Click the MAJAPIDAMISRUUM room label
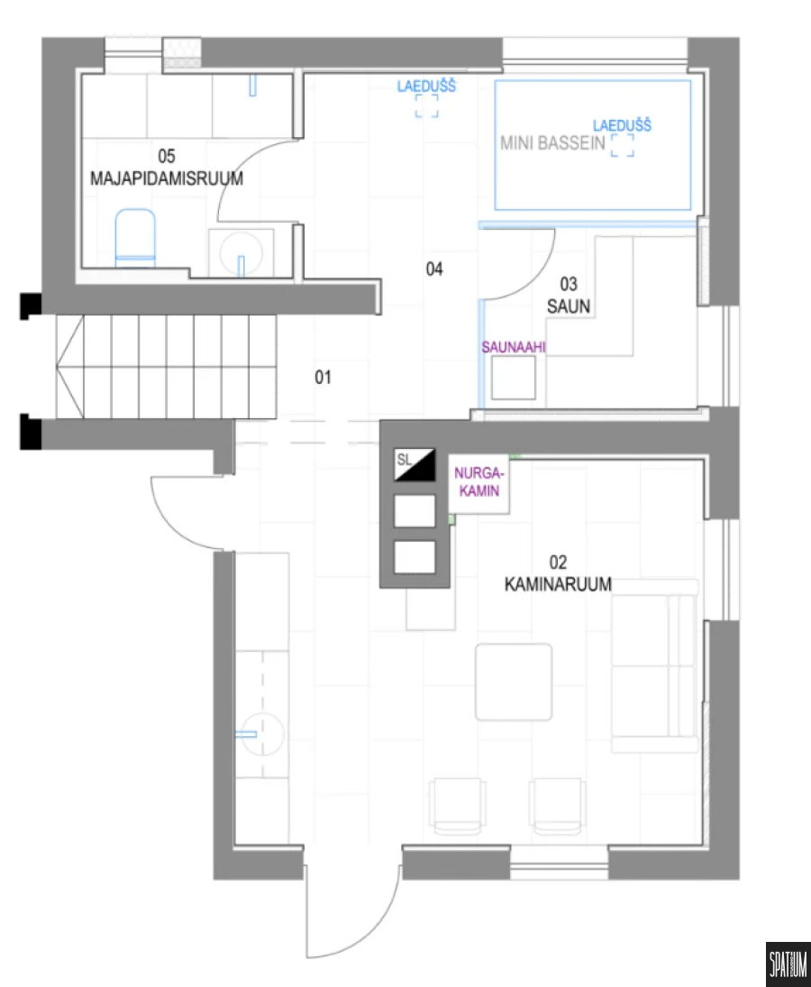(x=167, y=178)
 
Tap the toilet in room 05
(x=135, y=238)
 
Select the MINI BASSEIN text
(x=552, y=143)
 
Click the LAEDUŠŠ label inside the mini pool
(x=622, y=126)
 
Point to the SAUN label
(x=568, y=306)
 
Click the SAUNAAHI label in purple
(x=514, y=347)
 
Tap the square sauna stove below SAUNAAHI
(x=514, y=378)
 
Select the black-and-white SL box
(x=415, y=464)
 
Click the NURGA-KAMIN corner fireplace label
(x=479, y=481)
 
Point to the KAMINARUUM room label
(x=558, y=585)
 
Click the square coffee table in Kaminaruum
(x=514, y=681)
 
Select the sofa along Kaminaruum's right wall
(x=655, y=666)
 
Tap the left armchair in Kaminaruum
(x=458, y=807)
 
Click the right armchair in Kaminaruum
(x=558, y=807)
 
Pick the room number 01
(x=323, y=377)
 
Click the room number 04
(x=434, y=270)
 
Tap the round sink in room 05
(x=241, y=252)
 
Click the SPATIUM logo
(x=788, y=964)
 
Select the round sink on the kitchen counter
(x=263, y=734)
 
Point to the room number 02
(x=558, y=562)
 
